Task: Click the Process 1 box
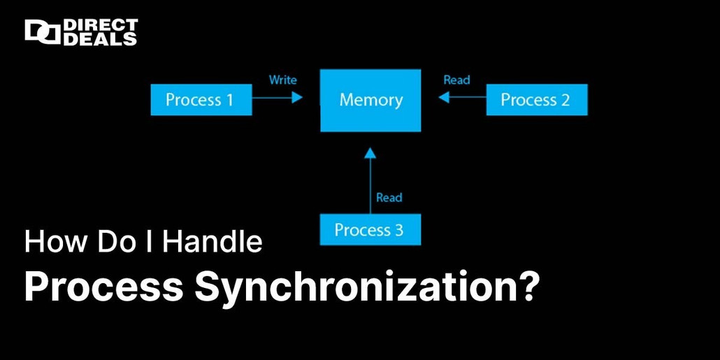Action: [201, 100]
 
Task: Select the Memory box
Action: [370, 100]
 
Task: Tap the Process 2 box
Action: [536, 100]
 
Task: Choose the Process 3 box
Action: [370, 230]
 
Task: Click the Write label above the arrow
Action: [282, 80]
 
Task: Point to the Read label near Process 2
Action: [456, 80]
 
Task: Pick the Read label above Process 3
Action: [389, 198]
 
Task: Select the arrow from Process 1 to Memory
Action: [278, 99]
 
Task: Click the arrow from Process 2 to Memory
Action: [462, 99]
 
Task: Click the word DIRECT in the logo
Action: [101, 26]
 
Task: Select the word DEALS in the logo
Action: [101, 39]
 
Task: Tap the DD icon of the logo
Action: [42, 32]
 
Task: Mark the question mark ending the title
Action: [529, 287]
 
